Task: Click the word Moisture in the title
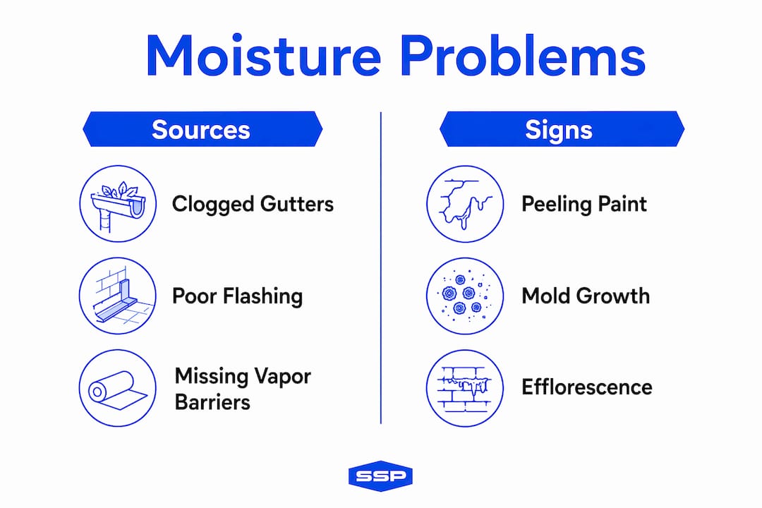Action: click(x=263, y=56)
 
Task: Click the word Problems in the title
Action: click(x=523, y=56)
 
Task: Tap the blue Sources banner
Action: click(x=202, y=129)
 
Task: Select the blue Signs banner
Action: click(x=562, y=129)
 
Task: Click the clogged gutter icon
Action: click(x=118, y=204)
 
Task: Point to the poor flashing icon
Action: click(x=118, y=296)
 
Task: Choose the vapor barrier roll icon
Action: click(x=118, y=388)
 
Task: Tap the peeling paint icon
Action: click(x=465, y=204)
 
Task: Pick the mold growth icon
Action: click(x=465, y=296)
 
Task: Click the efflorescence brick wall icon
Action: click(x=465, y=388)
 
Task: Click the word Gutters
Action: click(x=297, y=204)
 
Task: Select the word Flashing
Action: click(x=263, y=296)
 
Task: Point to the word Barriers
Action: click(x=212, y=402)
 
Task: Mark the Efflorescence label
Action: click(x=587, y=387)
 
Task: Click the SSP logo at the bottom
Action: click(x=380, y=476)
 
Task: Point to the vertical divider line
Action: click(x=381, y=268)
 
